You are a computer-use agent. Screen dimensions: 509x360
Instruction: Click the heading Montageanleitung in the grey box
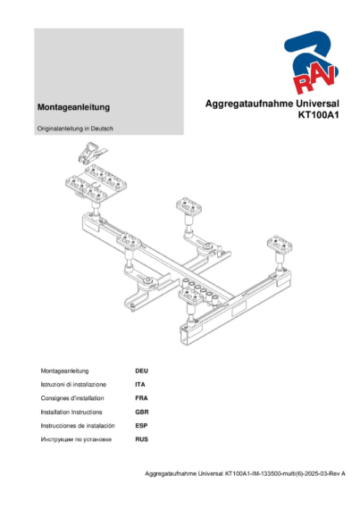[73, 107]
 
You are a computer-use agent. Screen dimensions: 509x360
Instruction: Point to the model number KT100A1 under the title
[321, 115]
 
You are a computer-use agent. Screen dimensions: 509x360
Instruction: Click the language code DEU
[141, 369]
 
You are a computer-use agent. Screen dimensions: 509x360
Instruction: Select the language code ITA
[139, 383]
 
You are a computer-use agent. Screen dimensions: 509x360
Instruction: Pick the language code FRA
[140, 397]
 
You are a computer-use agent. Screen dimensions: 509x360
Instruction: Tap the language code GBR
[140, 412]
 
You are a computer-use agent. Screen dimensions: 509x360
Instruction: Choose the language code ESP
[140, 426]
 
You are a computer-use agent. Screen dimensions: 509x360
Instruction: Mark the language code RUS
[140, 440]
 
